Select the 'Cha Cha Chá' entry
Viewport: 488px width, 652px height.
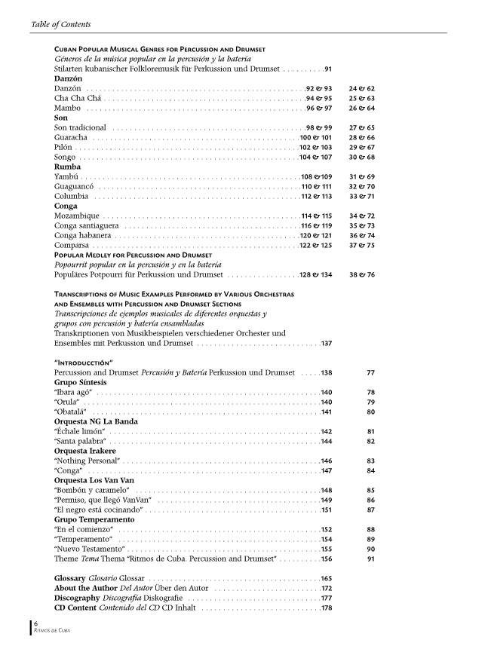[77, 99]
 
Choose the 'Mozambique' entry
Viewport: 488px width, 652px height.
[76, 216]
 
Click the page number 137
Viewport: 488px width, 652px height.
[326, 344]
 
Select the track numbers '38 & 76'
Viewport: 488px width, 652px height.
[362, 275]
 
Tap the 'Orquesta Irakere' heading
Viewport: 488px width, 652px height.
[85, 451]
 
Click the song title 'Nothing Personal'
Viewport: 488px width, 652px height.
[87, 461]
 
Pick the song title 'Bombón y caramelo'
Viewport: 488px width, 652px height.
[90, 490]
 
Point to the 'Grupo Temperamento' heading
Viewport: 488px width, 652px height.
[94, 519]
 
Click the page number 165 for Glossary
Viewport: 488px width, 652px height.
[326, 578]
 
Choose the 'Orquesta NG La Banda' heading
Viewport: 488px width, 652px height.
[95, 421]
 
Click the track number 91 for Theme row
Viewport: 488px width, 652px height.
[370, 559]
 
